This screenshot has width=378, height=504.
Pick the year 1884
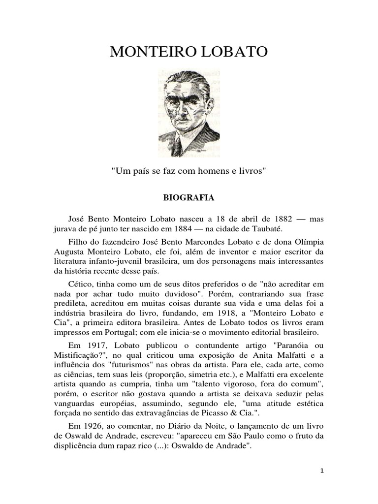click(x=184, y=229)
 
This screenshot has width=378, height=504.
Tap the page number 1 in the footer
click(x=321, y=471)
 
